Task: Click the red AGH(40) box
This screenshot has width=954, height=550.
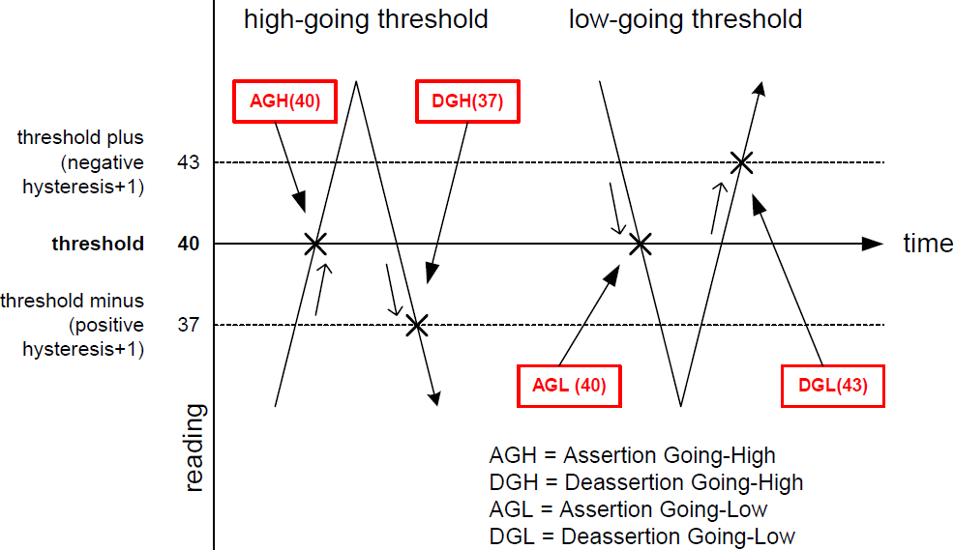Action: (285, 101)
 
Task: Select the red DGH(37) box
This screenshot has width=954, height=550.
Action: (461, 101)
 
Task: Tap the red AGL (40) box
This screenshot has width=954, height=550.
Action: (569, 386)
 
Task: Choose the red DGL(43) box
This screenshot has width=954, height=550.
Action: (833, 386)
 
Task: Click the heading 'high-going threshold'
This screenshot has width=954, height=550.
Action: (365, 19)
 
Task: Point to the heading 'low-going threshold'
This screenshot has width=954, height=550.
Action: (685, 19)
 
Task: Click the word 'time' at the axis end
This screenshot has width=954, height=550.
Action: (928, 244)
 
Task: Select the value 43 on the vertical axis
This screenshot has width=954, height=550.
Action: (189, 162)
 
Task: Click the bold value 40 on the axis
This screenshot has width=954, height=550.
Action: (189, 244)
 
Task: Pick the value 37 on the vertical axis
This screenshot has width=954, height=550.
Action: (189, 325)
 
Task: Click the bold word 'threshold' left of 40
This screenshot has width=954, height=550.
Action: (98, 244)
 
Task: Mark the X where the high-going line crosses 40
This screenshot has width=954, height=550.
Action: (315, 244)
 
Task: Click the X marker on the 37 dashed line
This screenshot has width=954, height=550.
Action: (417, 325)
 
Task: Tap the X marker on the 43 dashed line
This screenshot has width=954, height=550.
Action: (741, 162)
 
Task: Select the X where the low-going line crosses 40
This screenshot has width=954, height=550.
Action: (639, 244)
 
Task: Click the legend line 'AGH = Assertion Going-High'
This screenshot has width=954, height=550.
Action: (632, 455)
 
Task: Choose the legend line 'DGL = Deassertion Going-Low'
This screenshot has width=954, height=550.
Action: (641, 536)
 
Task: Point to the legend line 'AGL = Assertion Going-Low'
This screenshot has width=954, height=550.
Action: (628, 508)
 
